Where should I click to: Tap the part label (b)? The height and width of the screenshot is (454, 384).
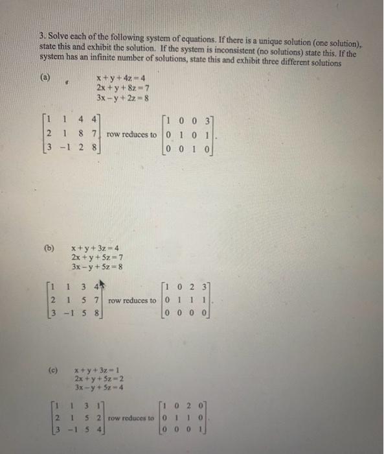(x=49, y=247)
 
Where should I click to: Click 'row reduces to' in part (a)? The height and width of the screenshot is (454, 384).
(x=131, y=134)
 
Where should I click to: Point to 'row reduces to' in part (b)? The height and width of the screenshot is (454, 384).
(x=133, y=300)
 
